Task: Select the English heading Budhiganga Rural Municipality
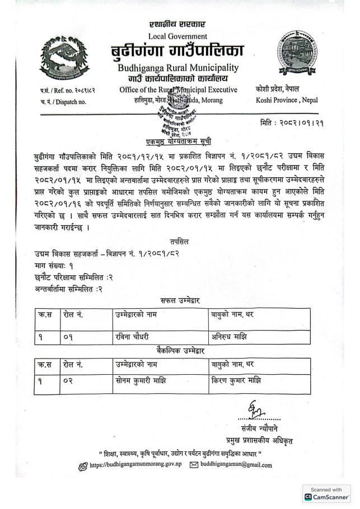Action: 177,68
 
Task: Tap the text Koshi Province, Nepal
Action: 286,100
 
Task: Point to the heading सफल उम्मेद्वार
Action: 180,300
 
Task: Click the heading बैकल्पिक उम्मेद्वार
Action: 180,351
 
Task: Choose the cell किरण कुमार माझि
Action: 236,381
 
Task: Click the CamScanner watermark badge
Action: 327,493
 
